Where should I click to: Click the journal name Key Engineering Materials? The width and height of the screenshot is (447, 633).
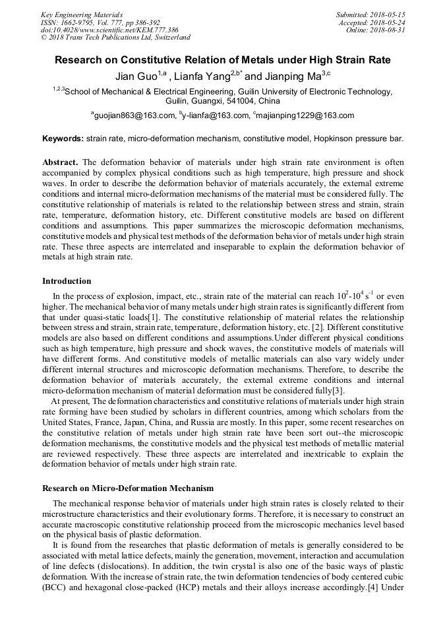pyautogui.click(x=81, y=14)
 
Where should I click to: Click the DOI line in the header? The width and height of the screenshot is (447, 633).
pyautogui.click(x=109, y=30)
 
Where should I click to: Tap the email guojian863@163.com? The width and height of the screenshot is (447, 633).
pyautogui.click(x=134, y=116)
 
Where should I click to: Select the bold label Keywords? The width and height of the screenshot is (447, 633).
pyautogui.click(x=63, y=139)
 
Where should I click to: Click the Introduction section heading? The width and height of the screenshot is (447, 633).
pyautogui.click(x=67, y=282)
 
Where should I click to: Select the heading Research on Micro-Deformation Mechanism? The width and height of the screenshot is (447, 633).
pyautogui.click(x=128, y=488)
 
